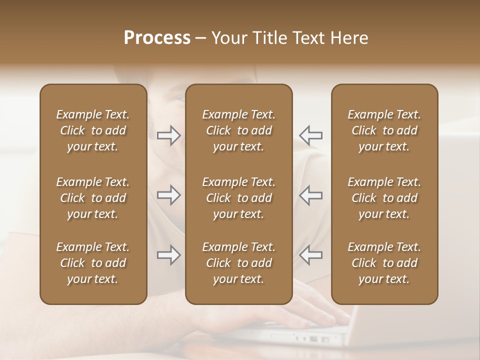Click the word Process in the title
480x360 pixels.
tap(157, 38)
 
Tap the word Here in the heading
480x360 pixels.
tap(349, 38)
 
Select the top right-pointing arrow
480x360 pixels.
tap(168, 135)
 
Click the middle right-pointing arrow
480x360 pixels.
tap(168, 195)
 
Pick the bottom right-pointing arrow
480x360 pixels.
tap(168, 255)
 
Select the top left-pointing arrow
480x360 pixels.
tap(310, 135)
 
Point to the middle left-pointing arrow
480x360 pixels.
tap(310, 195)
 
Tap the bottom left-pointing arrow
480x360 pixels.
tap(310, 255)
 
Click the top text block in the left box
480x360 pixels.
tap(93, 130)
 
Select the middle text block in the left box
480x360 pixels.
tap(93, 198)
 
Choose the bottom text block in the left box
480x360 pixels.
tap(93, 263)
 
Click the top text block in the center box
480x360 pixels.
tap(239, 130)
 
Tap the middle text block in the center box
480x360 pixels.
tap(239, 198)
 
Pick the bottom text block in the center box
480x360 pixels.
tap(239, 263)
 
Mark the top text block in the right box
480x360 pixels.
tap(384, 130)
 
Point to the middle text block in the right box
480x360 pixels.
tap(384, 198)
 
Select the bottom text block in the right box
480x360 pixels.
tap(384, 263)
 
